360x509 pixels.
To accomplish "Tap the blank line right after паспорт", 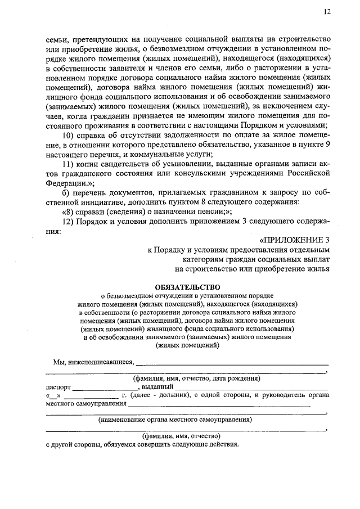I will click(105, 388).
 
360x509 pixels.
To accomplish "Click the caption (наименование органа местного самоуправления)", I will click(175, 419).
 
